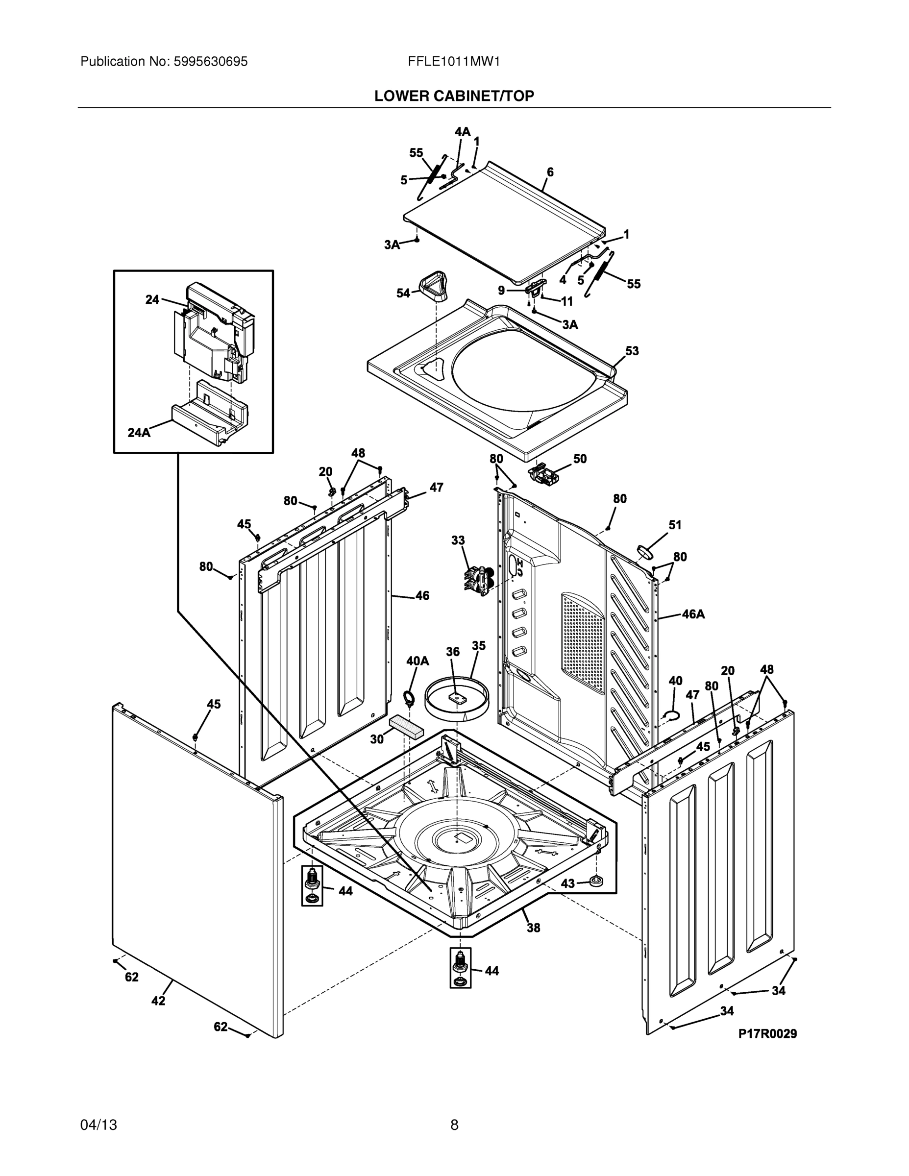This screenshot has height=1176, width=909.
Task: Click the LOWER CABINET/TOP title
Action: point(454,96)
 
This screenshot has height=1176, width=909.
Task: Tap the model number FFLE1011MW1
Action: point(454,61)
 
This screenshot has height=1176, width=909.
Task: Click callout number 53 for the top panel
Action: point(632,350)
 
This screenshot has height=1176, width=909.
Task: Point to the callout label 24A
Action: point(139,432)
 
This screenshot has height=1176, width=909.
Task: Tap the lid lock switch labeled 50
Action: point(544,474)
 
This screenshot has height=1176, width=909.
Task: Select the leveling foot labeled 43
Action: point(597,881)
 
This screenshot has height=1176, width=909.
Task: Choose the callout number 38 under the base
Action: point(533,927)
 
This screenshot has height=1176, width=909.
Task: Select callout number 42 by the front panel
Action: point(158,1001)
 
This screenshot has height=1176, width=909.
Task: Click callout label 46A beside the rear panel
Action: point(693,614)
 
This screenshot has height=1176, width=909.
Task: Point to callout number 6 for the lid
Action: point(550,172)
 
